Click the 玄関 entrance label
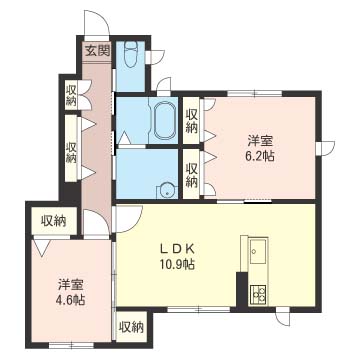pyautogui.click(x=97, y=51)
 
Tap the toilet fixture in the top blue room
pyautogui.click(x=130, y=54)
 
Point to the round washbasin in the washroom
pyautogui.click(x=166, y=191)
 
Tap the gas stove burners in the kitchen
pyautogui.click(x=258, y=294)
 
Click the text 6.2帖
pyautogui.click(x=261, y=156)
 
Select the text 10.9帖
pyautogui.click(x=177, y=265)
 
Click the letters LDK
pyautogui.click(x=177, y=249)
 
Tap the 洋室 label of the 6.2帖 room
pyautogui.click(x=260, y=141)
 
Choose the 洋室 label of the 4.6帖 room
pyautogui.click(x=70, y=286)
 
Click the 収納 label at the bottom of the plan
pyautogui.click(x=131, y=327)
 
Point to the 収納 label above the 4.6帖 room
pyautogui.click(x=53, y=221)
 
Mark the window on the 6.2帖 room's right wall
pyautogui.click(x=325, y=148)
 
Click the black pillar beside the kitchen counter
pyautogui.click(x=242, y=289)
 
